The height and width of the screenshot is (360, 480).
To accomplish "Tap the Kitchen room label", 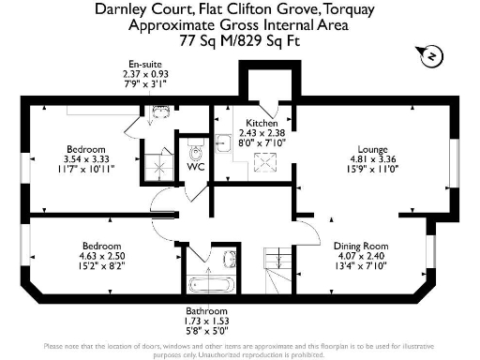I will (x=261, y=124).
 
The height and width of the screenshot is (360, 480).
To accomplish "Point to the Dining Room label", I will (x=361, y=246).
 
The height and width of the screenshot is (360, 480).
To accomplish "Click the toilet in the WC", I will (x=197, y=150).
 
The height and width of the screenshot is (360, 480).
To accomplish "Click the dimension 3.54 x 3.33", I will (x=77, y=159).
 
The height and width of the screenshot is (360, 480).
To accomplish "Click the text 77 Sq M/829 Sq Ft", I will (x=238, y=41).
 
